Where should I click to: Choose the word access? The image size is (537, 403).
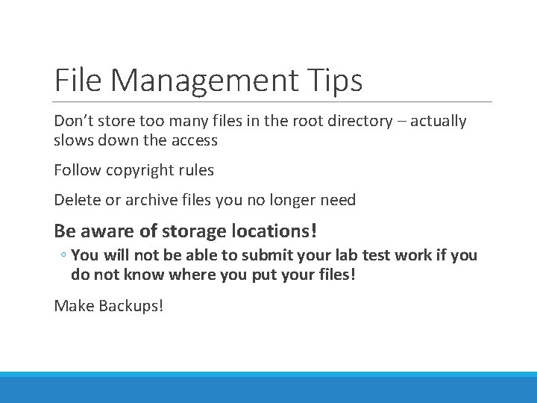[x=192, y=140]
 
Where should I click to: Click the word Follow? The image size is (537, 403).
[x=78, y=170]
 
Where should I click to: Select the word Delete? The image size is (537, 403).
[x=77, y=200]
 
